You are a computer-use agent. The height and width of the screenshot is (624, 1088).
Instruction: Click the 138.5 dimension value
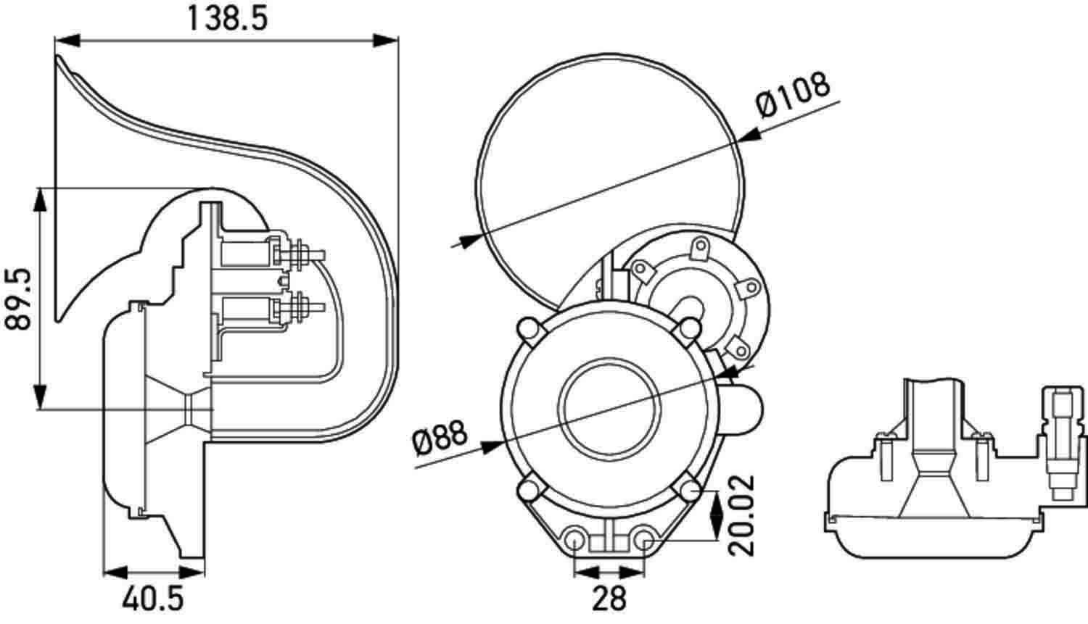click(x=227, y=19)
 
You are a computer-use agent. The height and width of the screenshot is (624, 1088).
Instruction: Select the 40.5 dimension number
click(x=152, y=599)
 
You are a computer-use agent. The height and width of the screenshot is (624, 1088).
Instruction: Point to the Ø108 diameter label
click(x=792, y=95)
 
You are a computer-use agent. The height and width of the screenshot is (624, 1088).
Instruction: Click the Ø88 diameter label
click(x=440, y=438)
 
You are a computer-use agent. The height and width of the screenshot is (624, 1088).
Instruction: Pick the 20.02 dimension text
click(x=741, y=516)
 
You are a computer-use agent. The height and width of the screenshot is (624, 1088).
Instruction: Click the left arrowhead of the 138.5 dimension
click(x=67, y=41)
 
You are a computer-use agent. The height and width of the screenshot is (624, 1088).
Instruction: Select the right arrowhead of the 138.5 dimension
click(x=385, y=41)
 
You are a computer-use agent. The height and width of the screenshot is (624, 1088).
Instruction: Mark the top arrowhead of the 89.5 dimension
click(x=41, y=201)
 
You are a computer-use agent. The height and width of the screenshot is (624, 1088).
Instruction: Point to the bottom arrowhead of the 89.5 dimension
click(x=41, y=397)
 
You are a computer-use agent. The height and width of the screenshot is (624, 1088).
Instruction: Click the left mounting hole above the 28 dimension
click(x=574, y=538)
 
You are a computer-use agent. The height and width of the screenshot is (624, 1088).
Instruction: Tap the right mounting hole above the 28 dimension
click(x=646, y=538)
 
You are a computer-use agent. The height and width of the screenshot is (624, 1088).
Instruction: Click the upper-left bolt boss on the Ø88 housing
click(x=529, y=328)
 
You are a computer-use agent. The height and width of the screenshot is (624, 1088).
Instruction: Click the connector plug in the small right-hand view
click(x=1063, y=444)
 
